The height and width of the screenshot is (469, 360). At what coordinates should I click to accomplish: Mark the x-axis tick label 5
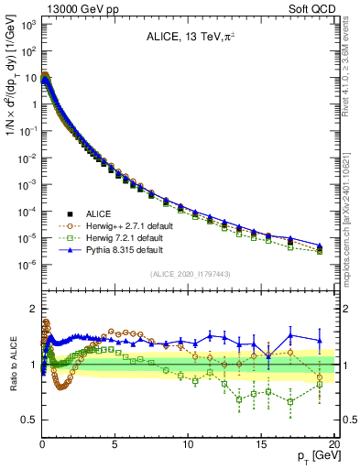[x=115, y=443]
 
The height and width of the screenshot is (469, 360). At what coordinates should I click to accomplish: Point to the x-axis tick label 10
[x=187, y=443]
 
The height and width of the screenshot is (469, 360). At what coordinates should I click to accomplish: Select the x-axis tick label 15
[x=260, y=443]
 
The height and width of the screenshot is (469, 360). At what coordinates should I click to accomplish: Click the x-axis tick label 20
[x=333, y=443]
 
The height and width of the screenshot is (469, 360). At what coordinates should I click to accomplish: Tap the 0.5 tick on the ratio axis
[x=29, y=420]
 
